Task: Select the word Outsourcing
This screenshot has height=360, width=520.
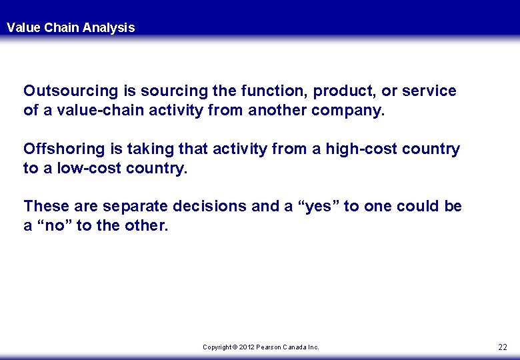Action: (x=65, y=91)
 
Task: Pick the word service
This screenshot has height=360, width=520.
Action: (x=431, y=91)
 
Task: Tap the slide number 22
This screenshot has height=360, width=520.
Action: (x=502, y=347)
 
